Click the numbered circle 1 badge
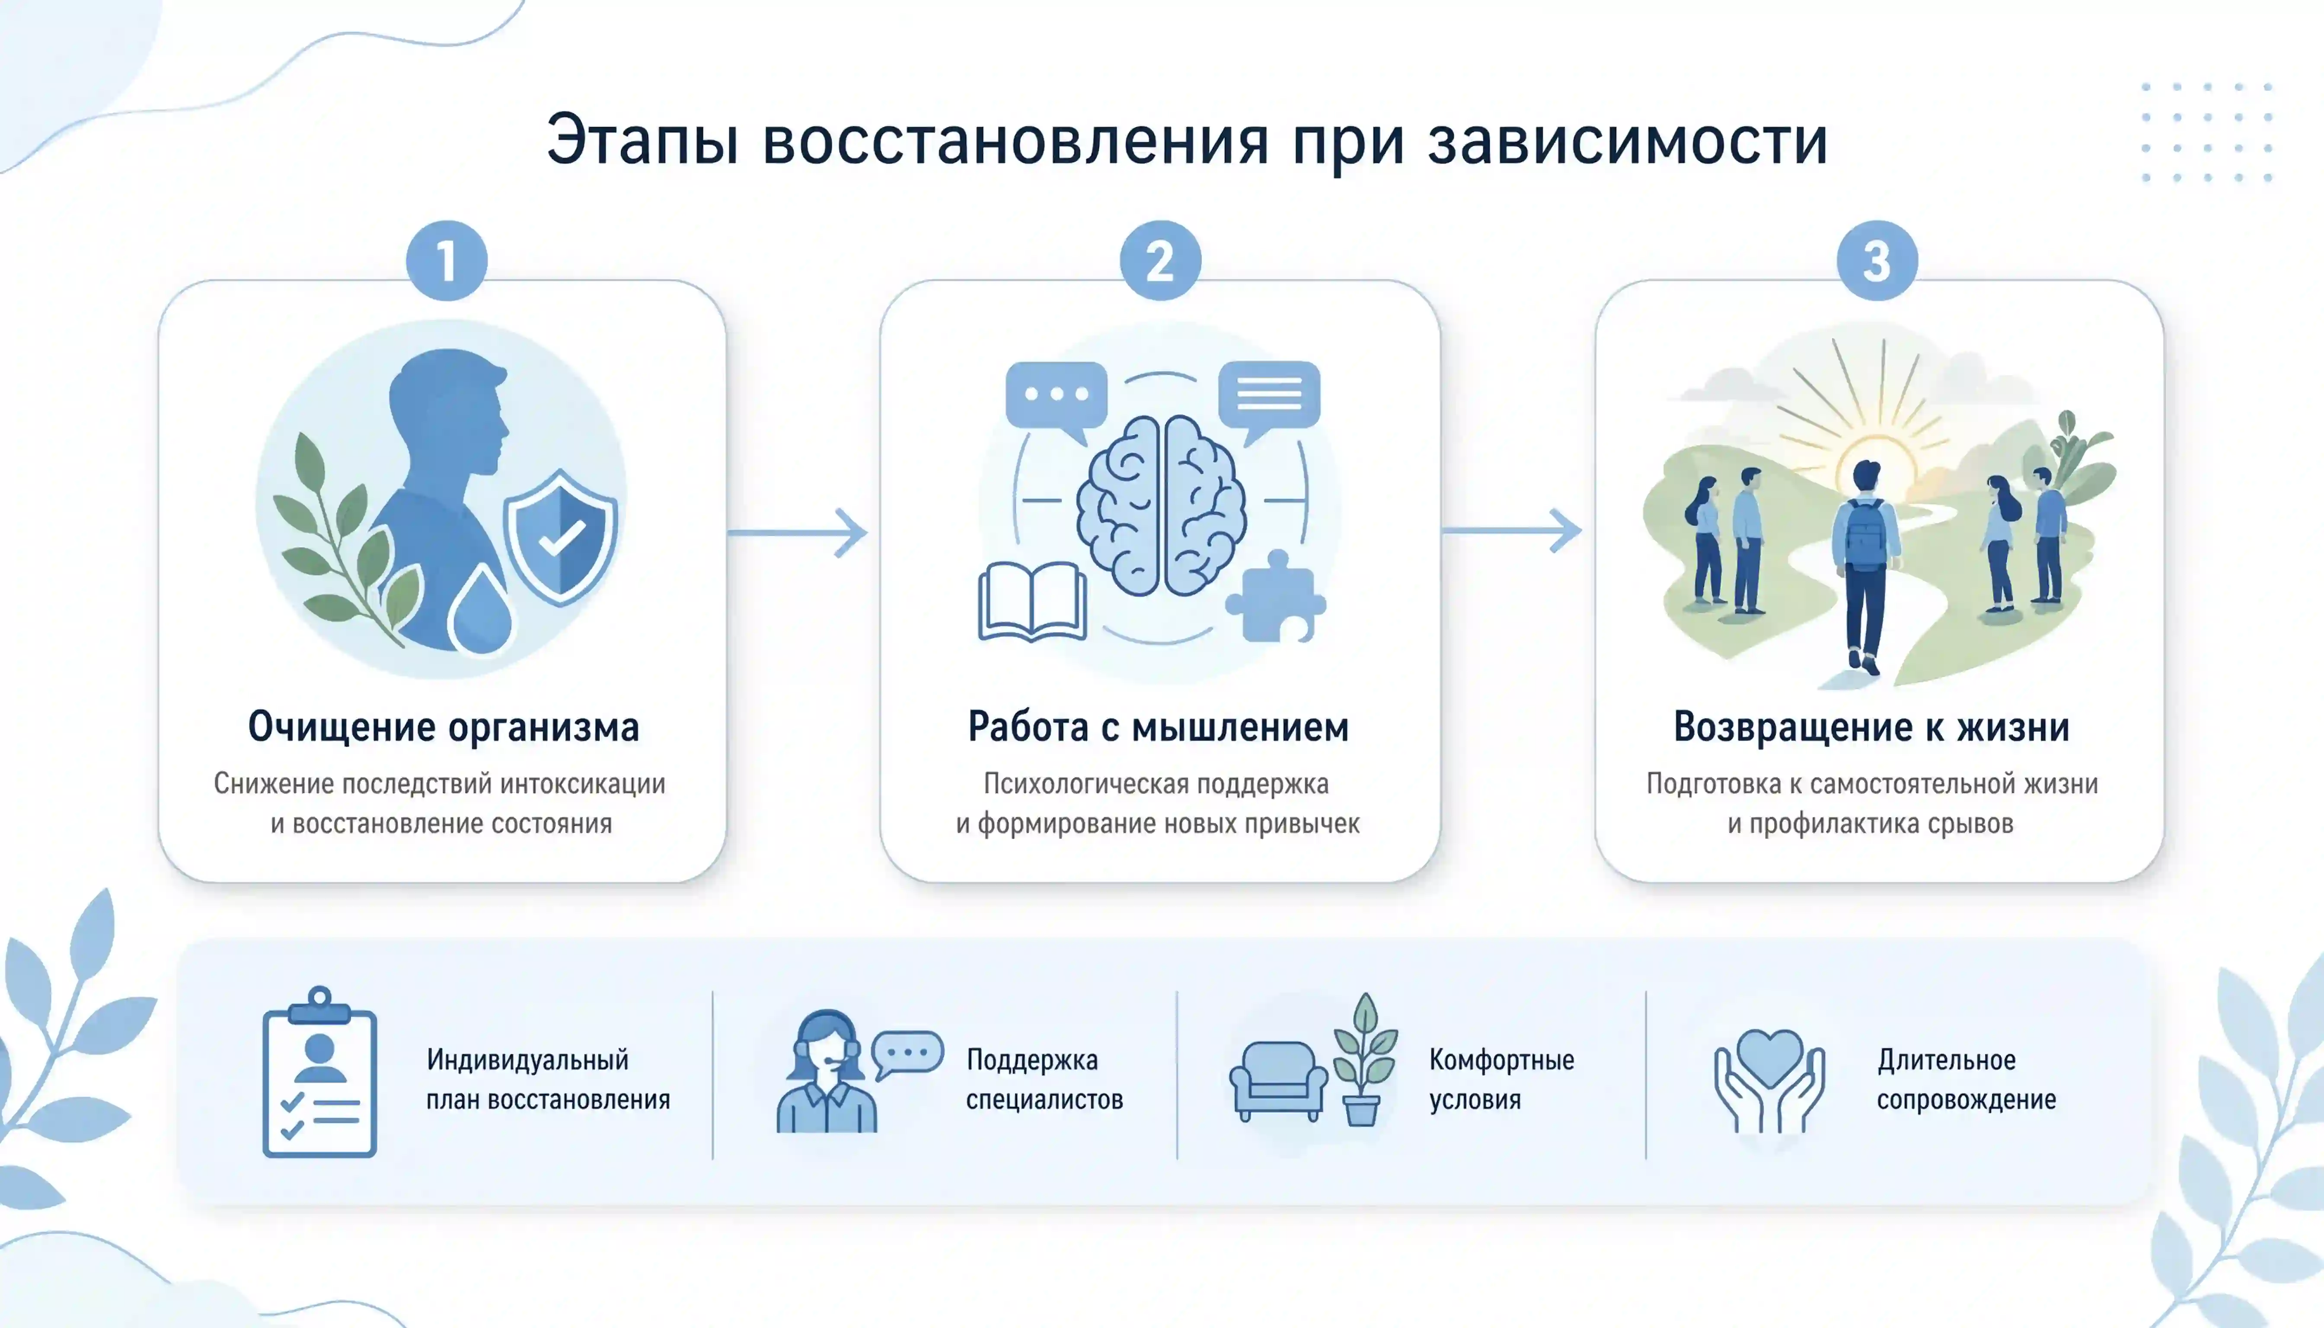pyautogui.click(x=447, y=261)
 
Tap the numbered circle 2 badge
pyautogui.click(x=1160, y=261)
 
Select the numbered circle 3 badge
pyautogui.click(x=1877, y=261)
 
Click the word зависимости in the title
pyautogui.click(x=1628, y=141)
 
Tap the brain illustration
pyautogui.click(x=1160, y=506)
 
